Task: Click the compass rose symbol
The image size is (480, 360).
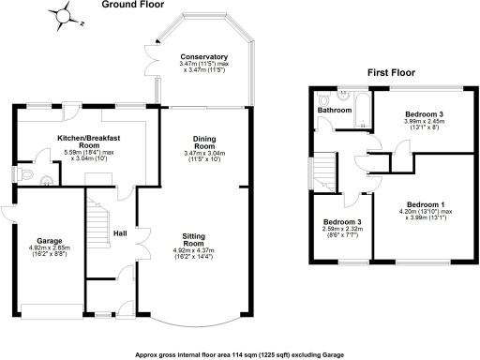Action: click(x=64, y=16)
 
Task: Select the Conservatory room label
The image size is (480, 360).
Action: click(x=204, y=56)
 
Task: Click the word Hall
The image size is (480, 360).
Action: click(x=120, y=233)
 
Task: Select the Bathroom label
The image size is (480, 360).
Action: click(x=333, y=111)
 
